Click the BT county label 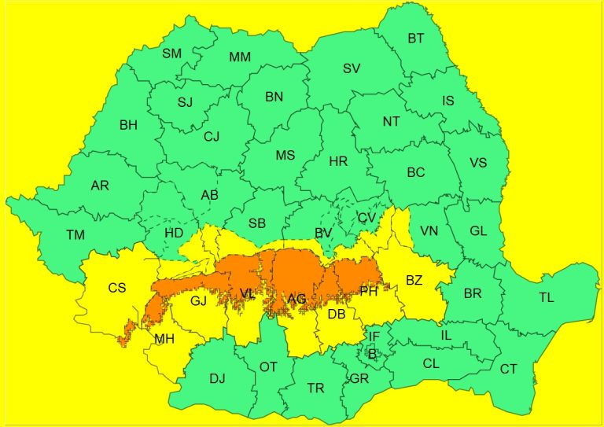pyautogui.click(x=415, y=38)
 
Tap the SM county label pyautogui.click(x=171, y=53)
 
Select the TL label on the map pyautogui.click(x=547, y=297)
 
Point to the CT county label pyautogui.click(x=509, y=369)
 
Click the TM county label pyautogui.click(x=75, y=235)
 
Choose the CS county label pyautogui.click(x=116, y=288)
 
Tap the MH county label pyautogui.click(x=164, y=339)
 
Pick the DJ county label pyautogui.click(x=217, y=378)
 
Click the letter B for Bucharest pyautogui.click(x=373, y=355)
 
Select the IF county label pyautogui.click(x=374, y=337)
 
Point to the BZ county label pyautogui.click(x=414, y=279)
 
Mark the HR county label pyautogui.click(x=338, y=161)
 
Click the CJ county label pyautogui.click(x=212, y=137)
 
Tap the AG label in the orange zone pyautogui.click(x=296, y=299)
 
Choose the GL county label pyautogui.click(x=478, y=230)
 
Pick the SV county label pyautogui.click(x=352, y=68)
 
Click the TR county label pyautogui.click(x=315, y=388)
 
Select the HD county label pyautogui.click(x=174, y=234)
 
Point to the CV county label pyautogui.click(x=366, y=218)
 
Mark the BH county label pyautogui.click(x=128, y=124)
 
